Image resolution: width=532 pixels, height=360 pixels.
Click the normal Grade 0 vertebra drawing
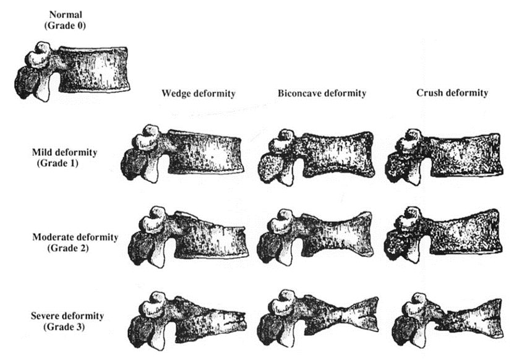click(x=74, y=71)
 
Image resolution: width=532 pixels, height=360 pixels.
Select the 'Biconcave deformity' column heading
click(x=322, y=93)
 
